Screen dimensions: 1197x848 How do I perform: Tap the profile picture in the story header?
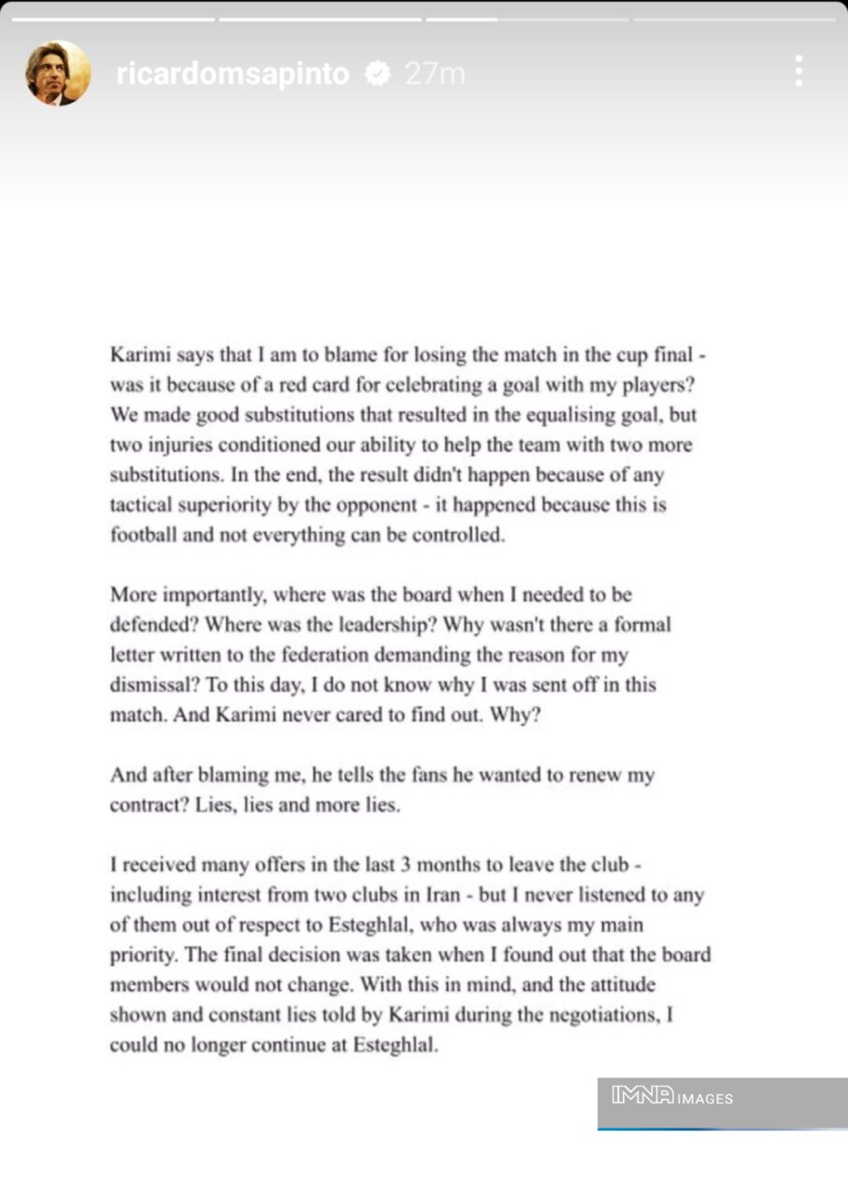pos(58,73)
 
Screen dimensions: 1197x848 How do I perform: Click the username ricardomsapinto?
pos(232,74)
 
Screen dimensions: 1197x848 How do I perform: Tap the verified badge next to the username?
pos(378,74)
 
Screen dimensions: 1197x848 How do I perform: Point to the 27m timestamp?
pos(435,74)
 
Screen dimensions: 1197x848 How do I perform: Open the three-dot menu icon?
pos(798,71)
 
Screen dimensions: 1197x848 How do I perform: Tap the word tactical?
pos(140,505)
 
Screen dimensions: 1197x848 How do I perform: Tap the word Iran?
pos(439,895)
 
